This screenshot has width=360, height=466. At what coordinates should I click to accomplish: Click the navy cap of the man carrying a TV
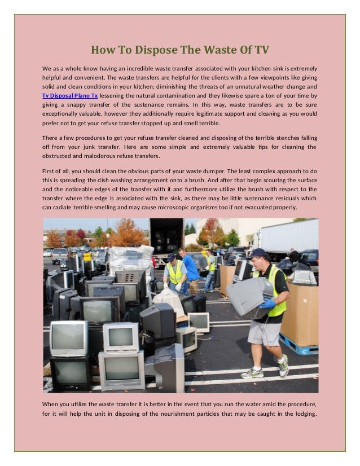(259, 253)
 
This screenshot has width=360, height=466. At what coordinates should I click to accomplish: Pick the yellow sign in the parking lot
(87, 256)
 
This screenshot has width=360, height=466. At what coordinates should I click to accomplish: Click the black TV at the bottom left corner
(71, 375)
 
